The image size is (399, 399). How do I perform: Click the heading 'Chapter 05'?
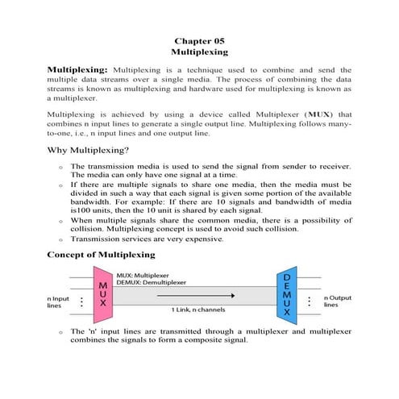199,39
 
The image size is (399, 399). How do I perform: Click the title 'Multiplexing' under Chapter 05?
199,51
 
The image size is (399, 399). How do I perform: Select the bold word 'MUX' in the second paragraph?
319,116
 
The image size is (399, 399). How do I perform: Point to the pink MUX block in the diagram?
103,298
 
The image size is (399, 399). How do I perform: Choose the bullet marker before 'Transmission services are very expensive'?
61,240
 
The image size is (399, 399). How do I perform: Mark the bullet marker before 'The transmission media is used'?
61,166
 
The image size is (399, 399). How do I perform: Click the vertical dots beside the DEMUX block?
310,301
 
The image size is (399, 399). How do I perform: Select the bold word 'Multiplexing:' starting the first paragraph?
80,70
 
